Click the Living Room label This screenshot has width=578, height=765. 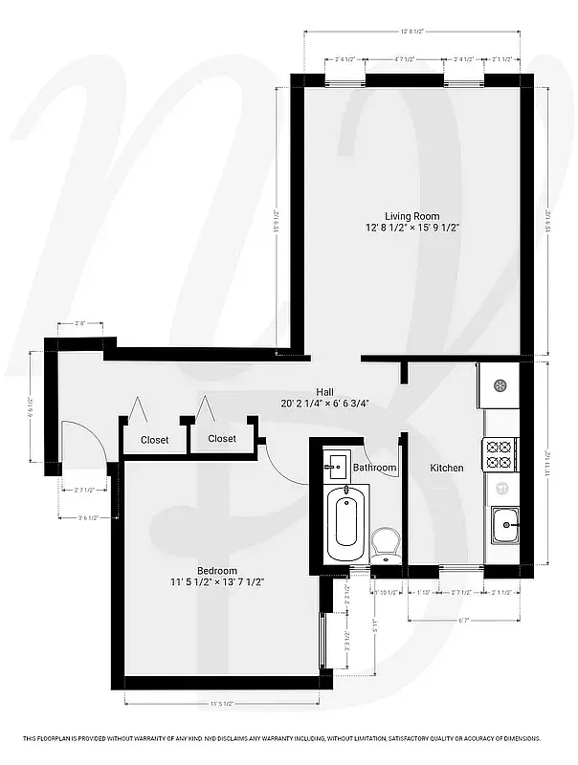coord(412,216)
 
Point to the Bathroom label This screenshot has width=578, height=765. coord(374,468)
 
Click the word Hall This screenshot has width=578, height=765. coord(325,391)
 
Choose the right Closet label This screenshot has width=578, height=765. coord(222,439)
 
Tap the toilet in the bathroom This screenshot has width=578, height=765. coord(387,544)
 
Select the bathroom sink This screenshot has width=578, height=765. coord(337,467)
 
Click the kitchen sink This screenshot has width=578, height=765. coord(503,522)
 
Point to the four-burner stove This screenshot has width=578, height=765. coord(500,453)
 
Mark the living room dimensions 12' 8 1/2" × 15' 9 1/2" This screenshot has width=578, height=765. coord(412,229)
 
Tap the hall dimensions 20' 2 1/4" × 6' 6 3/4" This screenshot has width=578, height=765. coord(325,404)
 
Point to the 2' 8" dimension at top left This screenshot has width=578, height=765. coord(80,324)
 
